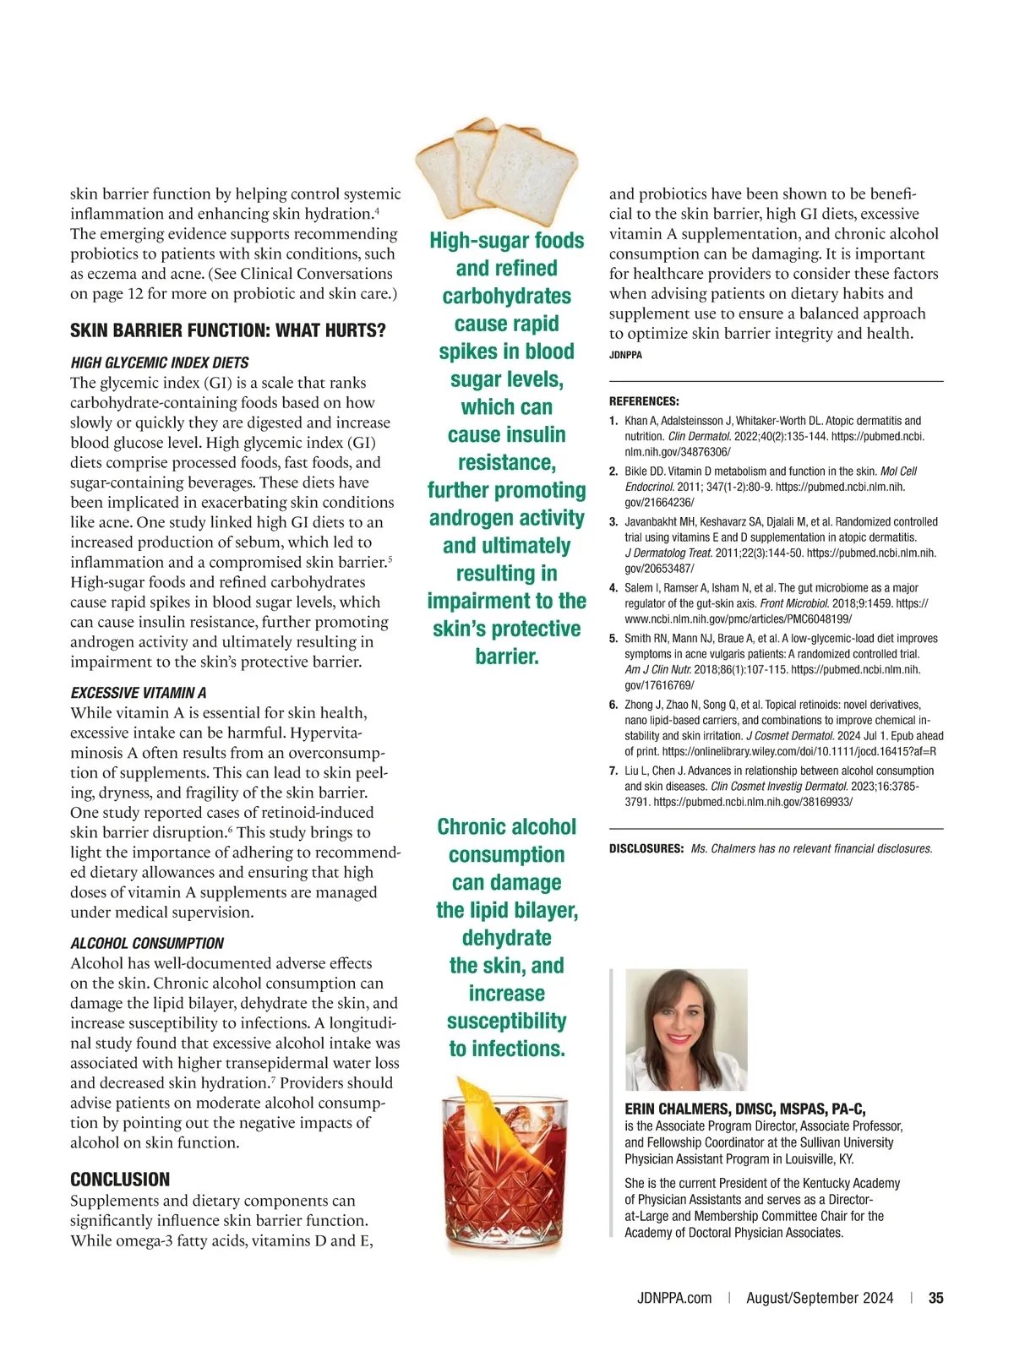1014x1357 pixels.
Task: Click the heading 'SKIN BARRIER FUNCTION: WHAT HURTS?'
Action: [x=227, y=330]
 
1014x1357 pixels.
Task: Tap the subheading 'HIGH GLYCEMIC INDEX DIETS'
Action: [x=159, y=362]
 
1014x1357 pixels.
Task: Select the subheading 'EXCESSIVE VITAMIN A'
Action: [x=139, y=693]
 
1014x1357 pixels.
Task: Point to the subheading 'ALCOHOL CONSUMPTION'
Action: [x=147, y=943]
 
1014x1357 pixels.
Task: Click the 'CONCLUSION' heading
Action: [x=120, y=1180]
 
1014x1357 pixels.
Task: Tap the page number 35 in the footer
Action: [x=935, y=1298]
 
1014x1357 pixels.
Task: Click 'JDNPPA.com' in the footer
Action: [x=673, y=1298]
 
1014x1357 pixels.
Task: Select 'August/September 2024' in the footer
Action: [x=819, y=1298]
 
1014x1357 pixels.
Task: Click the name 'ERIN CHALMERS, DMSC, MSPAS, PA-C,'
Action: [x=744, y=1109]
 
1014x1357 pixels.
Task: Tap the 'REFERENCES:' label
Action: [x=644, y=401]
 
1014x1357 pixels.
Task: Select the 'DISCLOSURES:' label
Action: [x=646, y=848]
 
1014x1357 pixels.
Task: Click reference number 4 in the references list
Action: [x=613, y=588]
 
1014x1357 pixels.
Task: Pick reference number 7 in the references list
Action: [x=613, y=771]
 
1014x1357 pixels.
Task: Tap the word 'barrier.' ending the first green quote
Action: [x=506, y=657]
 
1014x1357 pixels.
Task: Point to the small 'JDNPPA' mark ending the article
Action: [x=625, y=356]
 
